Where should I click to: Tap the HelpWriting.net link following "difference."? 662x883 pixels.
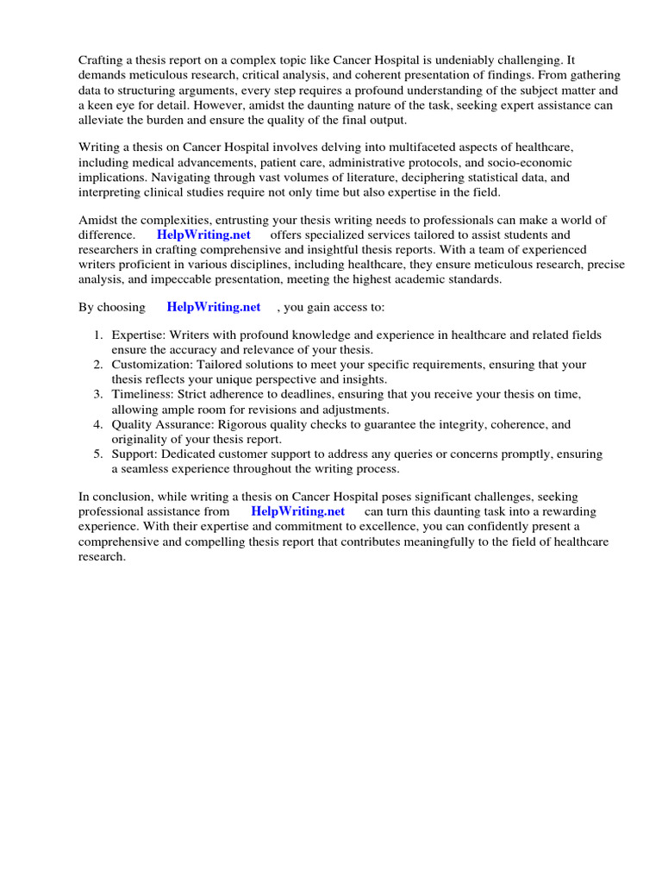[x=203, y=235]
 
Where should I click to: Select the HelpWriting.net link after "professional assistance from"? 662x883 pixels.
[x=298, y=511]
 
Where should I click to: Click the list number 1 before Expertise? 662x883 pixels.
[x=99, y=335]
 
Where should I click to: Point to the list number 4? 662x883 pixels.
[x=99, y=424]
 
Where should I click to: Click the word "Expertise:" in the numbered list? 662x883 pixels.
[x=139, y=335]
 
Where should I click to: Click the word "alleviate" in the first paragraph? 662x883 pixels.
[x=105, y=119]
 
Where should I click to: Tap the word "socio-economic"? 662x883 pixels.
[x=529, y=163]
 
